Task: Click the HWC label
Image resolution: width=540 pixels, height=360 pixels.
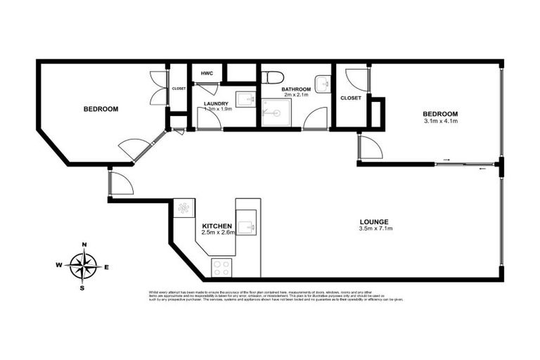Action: (x=207, y=73)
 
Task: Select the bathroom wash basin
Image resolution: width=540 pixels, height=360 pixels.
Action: (x=323, y=84)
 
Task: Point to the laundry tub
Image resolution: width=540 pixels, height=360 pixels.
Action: (x=244, y=100)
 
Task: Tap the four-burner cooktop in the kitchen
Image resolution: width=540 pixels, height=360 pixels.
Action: (x=221, y=268)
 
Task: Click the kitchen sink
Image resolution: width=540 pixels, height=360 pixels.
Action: (x=246, y=226)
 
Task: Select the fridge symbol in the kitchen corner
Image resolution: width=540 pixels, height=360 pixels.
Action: (x=184, y=208)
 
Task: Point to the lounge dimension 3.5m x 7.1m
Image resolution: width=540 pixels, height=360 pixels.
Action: (x=375, y=229)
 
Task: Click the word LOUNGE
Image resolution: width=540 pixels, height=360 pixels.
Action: (x=375, y=221)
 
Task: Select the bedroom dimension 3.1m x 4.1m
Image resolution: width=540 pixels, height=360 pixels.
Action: (x=441, y=122)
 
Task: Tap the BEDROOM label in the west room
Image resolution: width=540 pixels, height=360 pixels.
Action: (x=101, y=109)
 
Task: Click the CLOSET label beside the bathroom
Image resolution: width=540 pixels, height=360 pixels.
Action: (x=350, y=98)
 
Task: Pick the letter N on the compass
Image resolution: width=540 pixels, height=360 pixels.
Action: (x=84, y=245)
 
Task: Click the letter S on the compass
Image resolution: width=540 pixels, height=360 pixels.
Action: (x=83, y=288)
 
